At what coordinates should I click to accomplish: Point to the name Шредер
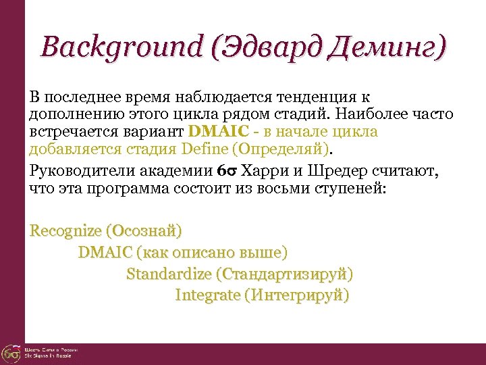335,171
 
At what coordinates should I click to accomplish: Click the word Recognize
65,232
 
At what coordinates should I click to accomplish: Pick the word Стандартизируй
283,274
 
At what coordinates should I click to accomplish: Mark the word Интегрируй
297,295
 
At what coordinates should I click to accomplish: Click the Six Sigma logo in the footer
11,353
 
